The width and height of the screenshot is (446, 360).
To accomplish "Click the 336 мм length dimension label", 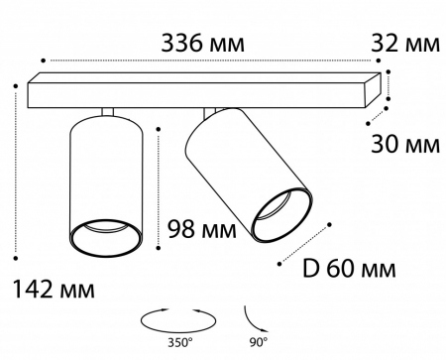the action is [202, 44].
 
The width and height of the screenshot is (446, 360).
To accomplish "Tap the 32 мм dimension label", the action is [405, 44].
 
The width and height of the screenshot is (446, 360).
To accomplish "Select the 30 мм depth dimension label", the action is [405, 144].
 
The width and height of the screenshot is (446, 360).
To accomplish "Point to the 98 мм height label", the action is [202, 229].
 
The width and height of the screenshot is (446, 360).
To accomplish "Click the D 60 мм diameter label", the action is [349, 269].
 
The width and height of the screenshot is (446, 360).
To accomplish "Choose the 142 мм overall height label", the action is [54, 290].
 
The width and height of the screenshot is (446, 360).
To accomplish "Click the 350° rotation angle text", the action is [180, 342].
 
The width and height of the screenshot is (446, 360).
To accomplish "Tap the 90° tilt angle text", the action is [259, 342].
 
